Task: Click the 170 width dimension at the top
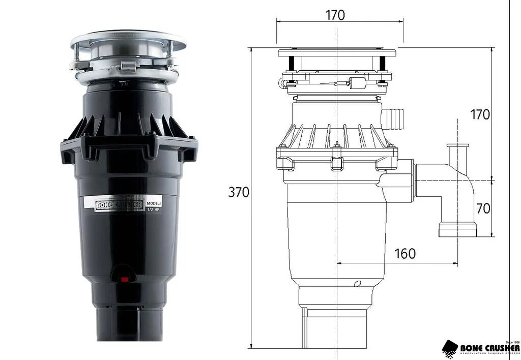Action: [x=335, y=15]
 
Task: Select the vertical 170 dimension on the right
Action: [x=480, y=114]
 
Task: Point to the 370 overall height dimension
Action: [x=238, y=192]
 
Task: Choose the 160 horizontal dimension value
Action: [x=405, y=253]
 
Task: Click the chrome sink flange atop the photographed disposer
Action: [x=128, y=39]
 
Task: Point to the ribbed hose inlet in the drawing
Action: [x=394, y=117]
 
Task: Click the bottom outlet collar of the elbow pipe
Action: [x=457, y=229]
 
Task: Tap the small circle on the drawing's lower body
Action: [x=357, y=283]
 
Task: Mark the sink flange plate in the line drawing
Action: [x=337, y=52]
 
